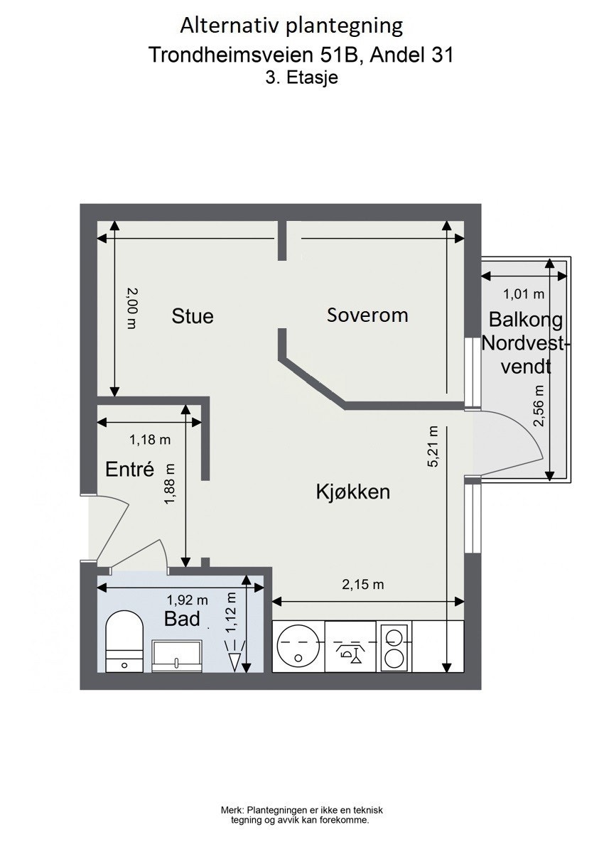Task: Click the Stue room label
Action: click(x=193, y=315)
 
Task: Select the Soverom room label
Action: click(x=367, y=315)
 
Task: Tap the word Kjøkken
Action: click(x=352, y=492)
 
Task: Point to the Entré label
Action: click(x=129, y=469)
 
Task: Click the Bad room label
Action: click(x=182, y=618)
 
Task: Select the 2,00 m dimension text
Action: click(x=131, y=307)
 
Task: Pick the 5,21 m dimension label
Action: click(x=432, y=447)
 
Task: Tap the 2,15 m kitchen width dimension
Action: click(x=362, y=585)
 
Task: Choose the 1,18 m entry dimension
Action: click(x=150, y=440)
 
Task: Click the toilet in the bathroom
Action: click(x=124, y=639)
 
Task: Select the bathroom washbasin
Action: click(x=177, y=654)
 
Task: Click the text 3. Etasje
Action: click(x=301, y=79)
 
